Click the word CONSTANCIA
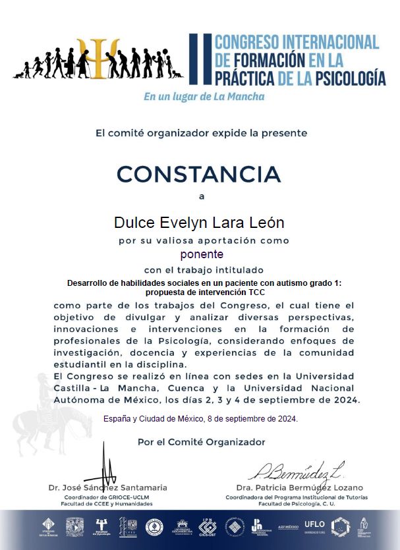pos(199,175)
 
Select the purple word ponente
pos(202,254)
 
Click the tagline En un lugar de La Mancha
pos(204,97)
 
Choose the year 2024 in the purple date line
pos(285,418)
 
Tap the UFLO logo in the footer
pos(313,524)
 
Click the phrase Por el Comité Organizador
pos(201,442)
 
